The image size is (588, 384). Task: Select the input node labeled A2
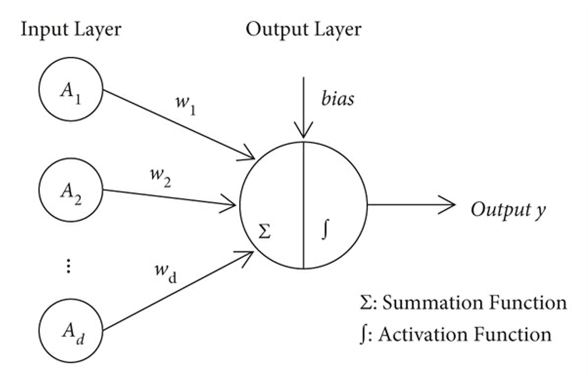(71, 190)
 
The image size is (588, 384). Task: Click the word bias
(338, 99)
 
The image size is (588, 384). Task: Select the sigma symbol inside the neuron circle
(264, 232)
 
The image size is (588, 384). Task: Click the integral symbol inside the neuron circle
(324, 230)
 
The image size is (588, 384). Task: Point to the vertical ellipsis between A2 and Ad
(69, 266)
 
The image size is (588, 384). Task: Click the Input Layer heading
(71, 29)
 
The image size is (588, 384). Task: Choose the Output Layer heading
(303, 29)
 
